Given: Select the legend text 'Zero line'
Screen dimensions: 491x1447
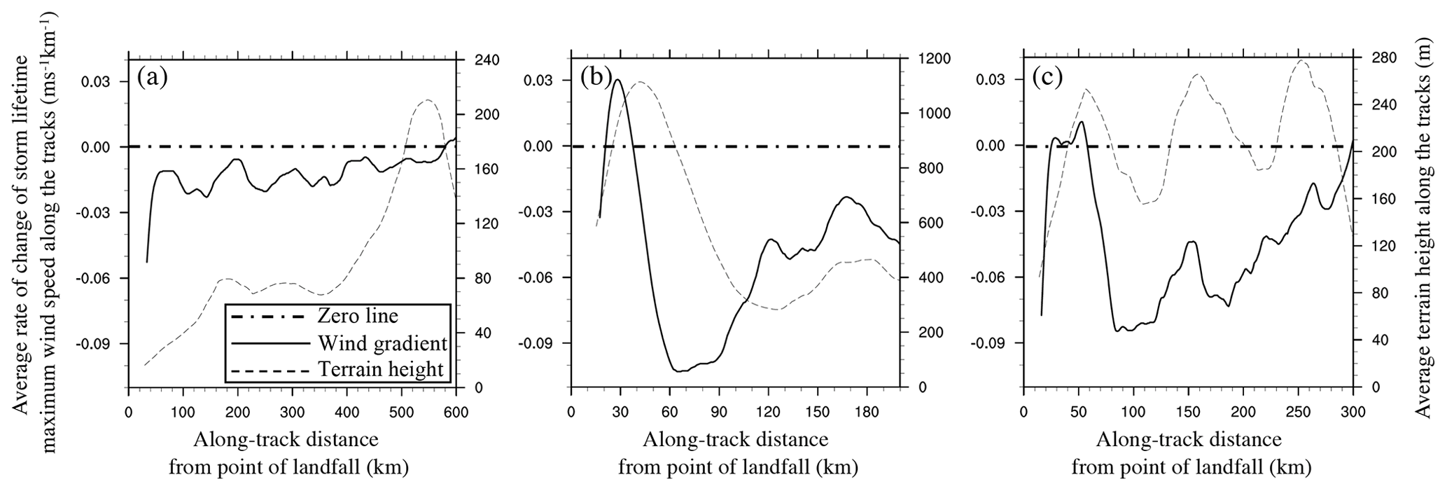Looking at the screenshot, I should tap(357, 316).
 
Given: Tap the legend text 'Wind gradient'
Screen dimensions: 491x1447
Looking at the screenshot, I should tap(382, 343).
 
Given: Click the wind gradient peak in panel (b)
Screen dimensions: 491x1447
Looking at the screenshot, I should tap(617, 80).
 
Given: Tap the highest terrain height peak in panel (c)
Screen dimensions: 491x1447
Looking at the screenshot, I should tap(1301, 60).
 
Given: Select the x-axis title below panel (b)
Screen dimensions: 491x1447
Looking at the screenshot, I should tap(736, 453).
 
